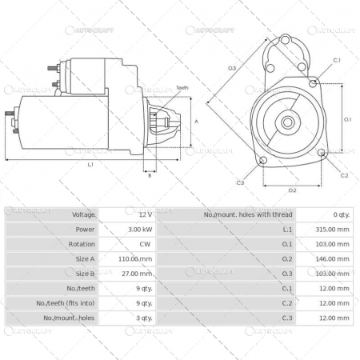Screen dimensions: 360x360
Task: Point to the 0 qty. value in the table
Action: pos(339,214)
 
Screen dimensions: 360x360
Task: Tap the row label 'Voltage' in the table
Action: pos(83,214)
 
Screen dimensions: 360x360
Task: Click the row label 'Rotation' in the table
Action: pos(83,244)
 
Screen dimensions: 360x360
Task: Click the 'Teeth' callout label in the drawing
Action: pos(182,87)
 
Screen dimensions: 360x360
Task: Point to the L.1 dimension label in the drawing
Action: pos(90,165)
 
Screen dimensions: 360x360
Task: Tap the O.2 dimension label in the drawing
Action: pos(292,189)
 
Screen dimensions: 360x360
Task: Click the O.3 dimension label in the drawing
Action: pos(232,69)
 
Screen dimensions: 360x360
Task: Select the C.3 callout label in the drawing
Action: pos(240,183)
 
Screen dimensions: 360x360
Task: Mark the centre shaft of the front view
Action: pos(287,122)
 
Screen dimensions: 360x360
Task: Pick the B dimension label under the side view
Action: pos(150,175)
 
